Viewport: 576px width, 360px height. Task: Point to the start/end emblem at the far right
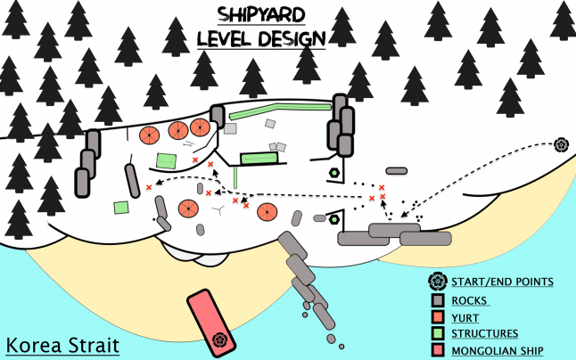561,144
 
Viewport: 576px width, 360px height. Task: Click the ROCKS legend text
470,300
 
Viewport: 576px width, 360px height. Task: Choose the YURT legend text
466,317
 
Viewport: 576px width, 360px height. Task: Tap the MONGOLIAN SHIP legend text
498,351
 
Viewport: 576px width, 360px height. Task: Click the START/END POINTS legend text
503,282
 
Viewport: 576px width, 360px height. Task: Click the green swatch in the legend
437,334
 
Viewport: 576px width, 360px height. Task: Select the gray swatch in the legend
437,300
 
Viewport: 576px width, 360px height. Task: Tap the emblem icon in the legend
437,282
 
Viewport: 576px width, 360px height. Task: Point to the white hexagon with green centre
333,218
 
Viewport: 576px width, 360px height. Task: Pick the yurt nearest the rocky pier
266,212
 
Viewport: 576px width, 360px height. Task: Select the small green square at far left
121,207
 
